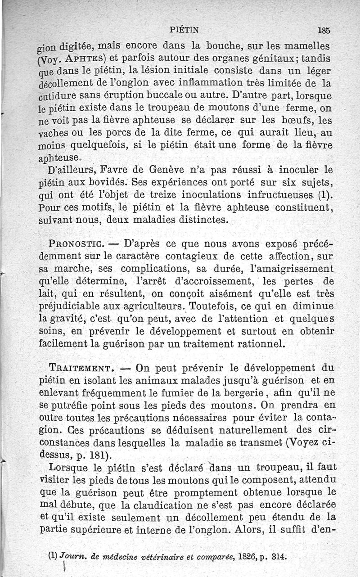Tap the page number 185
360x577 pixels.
tap(324, 31)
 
